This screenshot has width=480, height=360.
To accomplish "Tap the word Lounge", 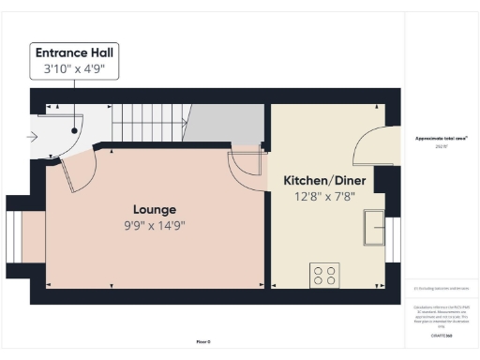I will click(154, 209).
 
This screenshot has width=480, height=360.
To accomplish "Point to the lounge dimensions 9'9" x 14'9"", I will click(154, 225).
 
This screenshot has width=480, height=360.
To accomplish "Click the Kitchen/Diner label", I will click(324, 180).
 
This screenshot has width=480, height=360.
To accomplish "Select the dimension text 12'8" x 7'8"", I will click(324, 196).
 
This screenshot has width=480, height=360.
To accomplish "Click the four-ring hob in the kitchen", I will click(325, 276).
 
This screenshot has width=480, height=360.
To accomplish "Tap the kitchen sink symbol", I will click(375, 226).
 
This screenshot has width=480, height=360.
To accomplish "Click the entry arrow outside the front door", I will click(34, 138).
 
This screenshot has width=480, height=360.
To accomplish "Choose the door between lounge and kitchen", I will click(246, 163).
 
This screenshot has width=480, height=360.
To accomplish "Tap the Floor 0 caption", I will click(203, 342).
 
